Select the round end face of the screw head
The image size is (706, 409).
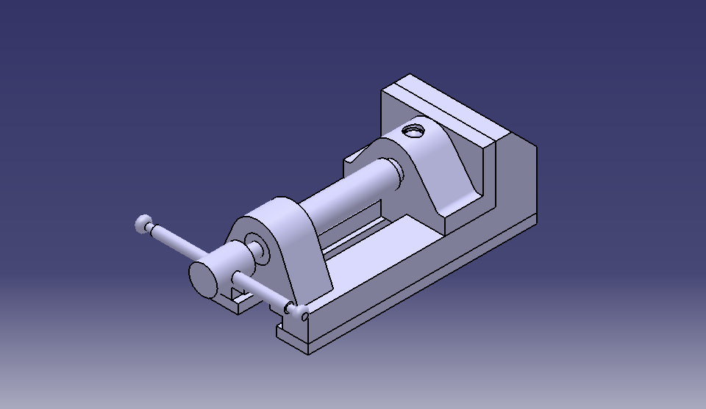(x=204, y=278)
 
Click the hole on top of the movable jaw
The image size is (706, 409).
(x=415, y=132)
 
